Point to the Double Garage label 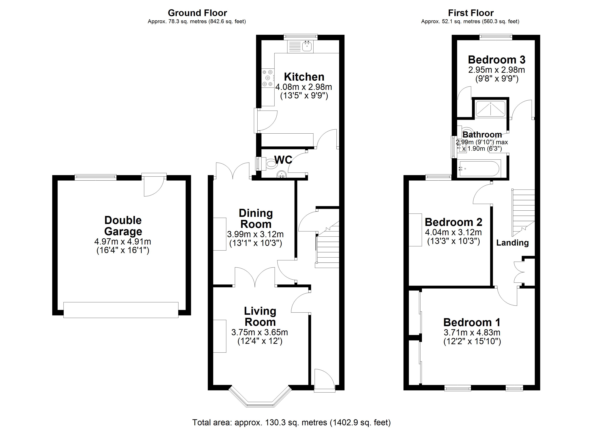(x=123, y=226)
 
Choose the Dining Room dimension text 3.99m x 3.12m (x=255, y=234)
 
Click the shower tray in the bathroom (x=490, y=109)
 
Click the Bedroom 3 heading (x=497, y=60)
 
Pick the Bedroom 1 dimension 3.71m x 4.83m (x=472, y=332)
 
